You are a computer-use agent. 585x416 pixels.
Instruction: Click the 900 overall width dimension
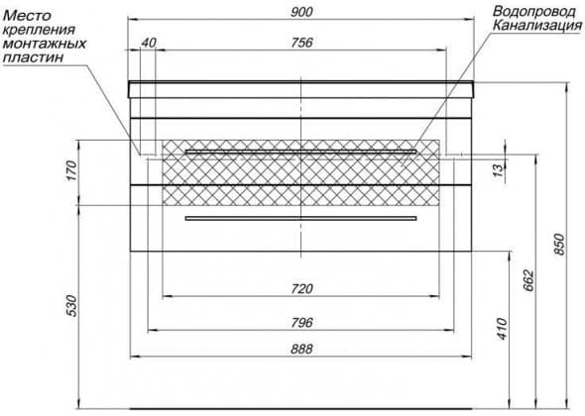coord(301,12)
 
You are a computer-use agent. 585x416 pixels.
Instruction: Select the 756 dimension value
coord(301,43)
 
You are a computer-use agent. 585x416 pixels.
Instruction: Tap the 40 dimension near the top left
coord(149,43)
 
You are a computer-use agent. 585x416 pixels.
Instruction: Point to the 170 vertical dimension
coord(71,170)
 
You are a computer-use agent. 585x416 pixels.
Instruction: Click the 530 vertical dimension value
coord(72,306)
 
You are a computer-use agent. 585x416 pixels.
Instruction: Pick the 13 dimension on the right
coord(498,170)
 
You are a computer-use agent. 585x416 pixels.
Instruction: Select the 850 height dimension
coord(559,245)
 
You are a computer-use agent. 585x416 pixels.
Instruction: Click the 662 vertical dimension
coord(528,280)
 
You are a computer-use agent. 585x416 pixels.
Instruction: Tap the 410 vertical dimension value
coord(502,329)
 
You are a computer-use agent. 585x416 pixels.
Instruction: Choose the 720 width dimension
coord(301,288)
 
